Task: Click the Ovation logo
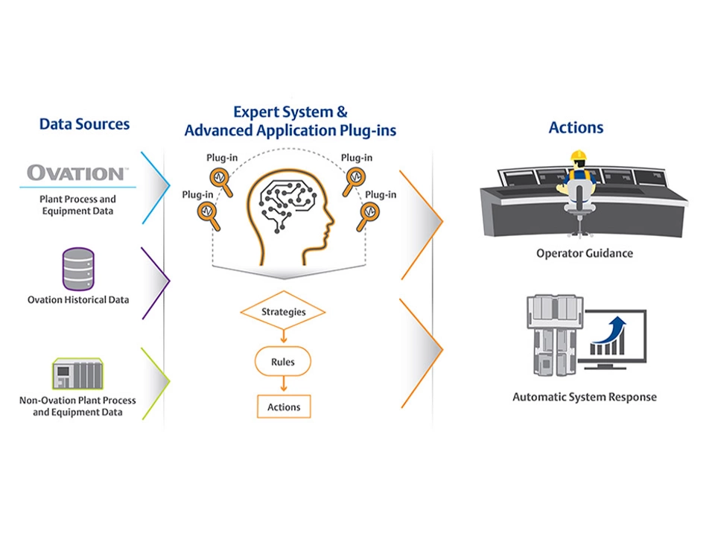[77, 173]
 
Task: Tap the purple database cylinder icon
[78, 270]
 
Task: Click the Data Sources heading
[84, 124]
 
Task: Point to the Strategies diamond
[284, 312]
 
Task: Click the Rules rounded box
[283, 363]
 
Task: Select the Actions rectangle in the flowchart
[284, 407]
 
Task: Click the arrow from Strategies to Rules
[284, 336]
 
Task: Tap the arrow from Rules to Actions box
[284, 385]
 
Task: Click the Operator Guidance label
[584, 253]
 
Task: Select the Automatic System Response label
[584, 397]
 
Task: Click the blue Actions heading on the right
[576, 127]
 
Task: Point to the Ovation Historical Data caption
[78, 300]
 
